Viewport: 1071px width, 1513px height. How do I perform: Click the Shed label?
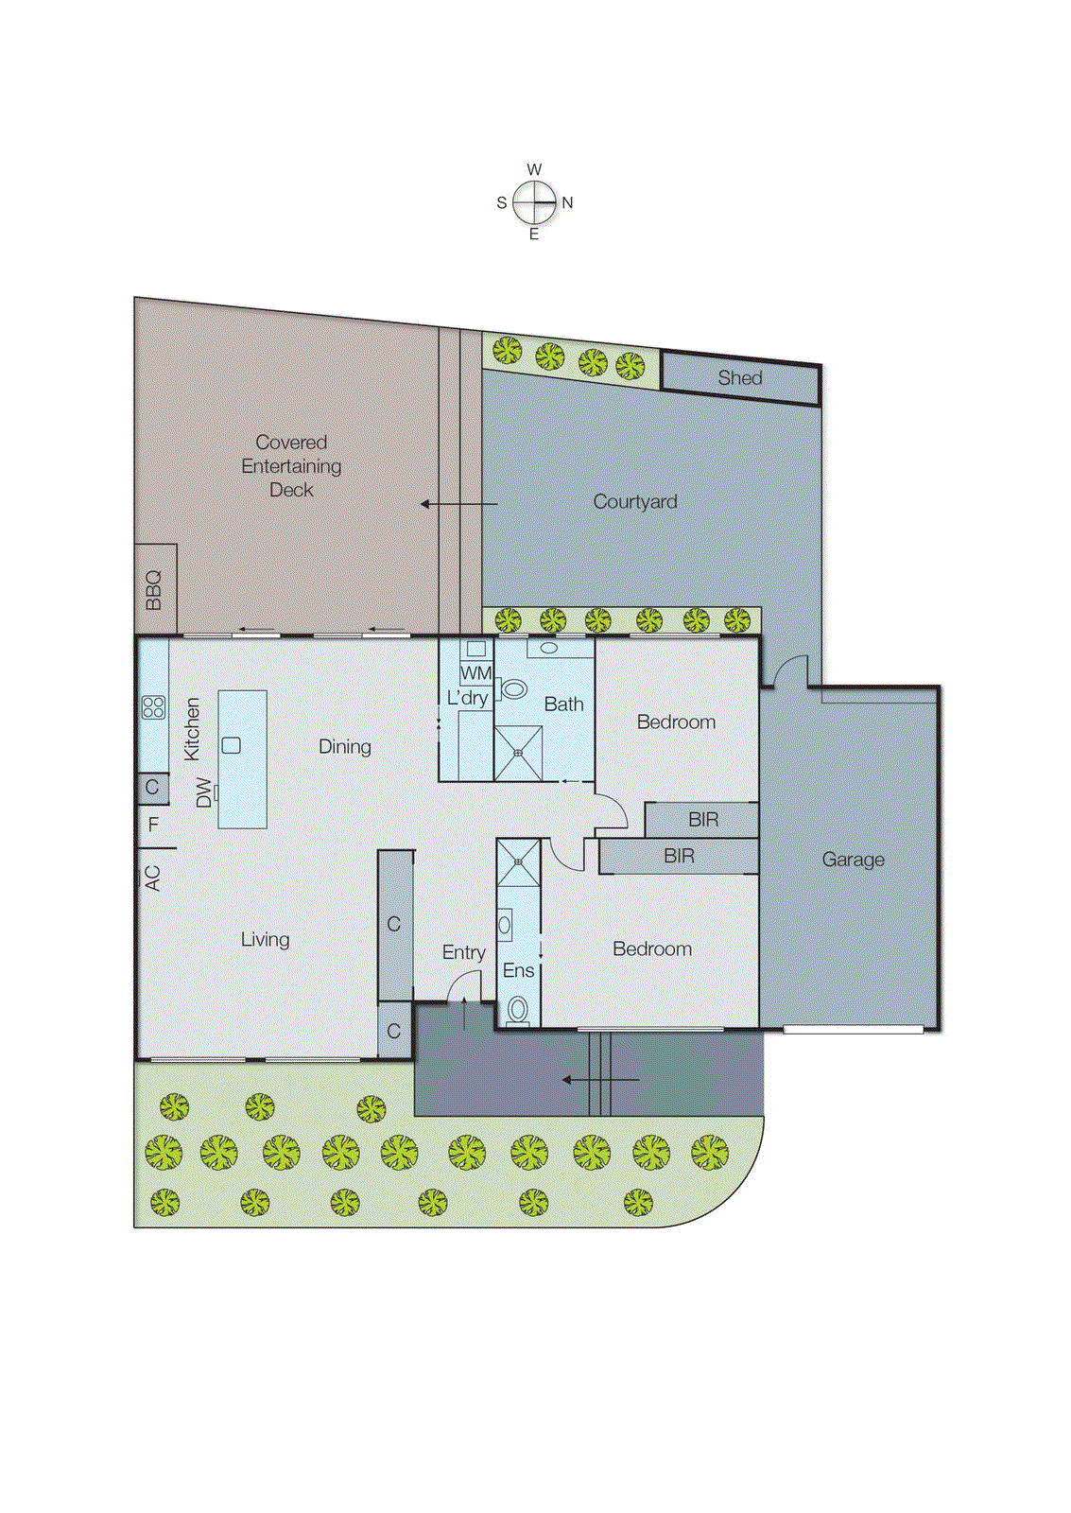coord(739,378)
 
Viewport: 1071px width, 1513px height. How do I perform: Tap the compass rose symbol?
coord(534,202)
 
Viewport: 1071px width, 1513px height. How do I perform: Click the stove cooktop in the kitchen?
coord(153,706)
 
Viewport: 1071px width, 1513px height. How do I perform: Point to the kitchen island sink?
coord(231,745)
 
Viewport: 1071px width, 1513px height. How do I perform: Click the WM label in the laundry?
coord(475,673)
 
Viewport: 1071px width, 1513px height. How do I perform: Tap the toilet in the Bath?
coord(513,689)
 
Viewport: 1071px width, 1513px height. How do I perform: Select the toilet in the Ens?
coord(518,1009)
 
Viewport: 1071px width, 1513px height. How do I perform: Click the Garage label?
coord(853,860)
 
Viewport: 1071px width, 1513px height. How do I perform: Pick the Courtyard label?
coord(634,502)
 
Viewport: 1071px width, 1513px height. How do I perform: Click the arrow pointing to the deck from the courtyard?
coord(458,504)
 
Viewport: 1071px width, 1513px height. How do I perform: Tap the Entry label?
coord(463,952)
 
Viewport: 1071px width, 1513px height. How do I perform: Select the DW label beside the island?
coord(203,792)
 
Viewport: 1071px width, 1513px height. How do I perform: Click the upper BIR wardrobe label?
coord(702,819)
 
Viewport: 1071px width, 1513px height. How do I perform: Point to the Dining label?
coord(344,747)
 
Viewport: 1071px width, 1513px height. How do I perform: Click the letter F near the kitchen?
coord(154,825)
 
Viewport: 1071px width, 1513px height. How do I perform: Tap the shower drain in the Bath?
coord(518,753)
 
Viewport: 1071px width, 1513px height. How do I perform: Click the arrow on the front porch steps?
coord(600,1079)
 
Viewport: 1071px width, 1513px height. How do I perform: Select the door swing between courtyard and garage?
coord(788,670)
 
